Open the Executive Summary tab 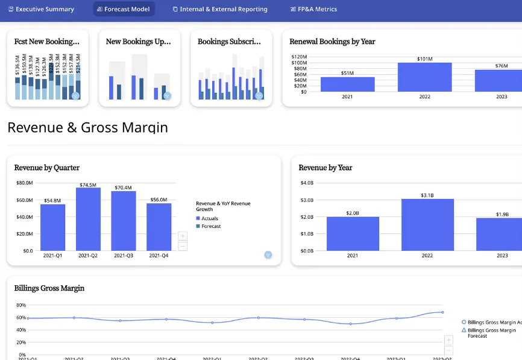41,9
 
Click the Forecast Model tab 124,9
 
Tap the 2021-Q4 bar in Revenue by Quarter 159,227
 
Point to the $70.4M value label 123,188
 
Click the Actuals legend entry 210,218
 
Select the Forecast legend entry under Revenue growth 211,226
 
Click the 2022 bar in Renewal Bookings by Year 424,77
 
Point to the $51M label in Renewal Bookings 347,73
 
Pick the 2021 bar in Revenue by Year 353,233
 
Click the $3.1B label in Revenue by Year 427,195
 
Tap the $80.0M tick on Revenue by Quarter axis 25,183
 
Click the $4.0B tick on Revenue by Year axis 307,183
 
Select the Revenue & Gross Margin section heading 87,128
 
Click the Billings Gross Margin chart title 49,288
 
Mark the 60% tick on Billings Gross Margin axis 22,318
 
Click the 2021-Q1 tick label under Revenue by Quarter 53,255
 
